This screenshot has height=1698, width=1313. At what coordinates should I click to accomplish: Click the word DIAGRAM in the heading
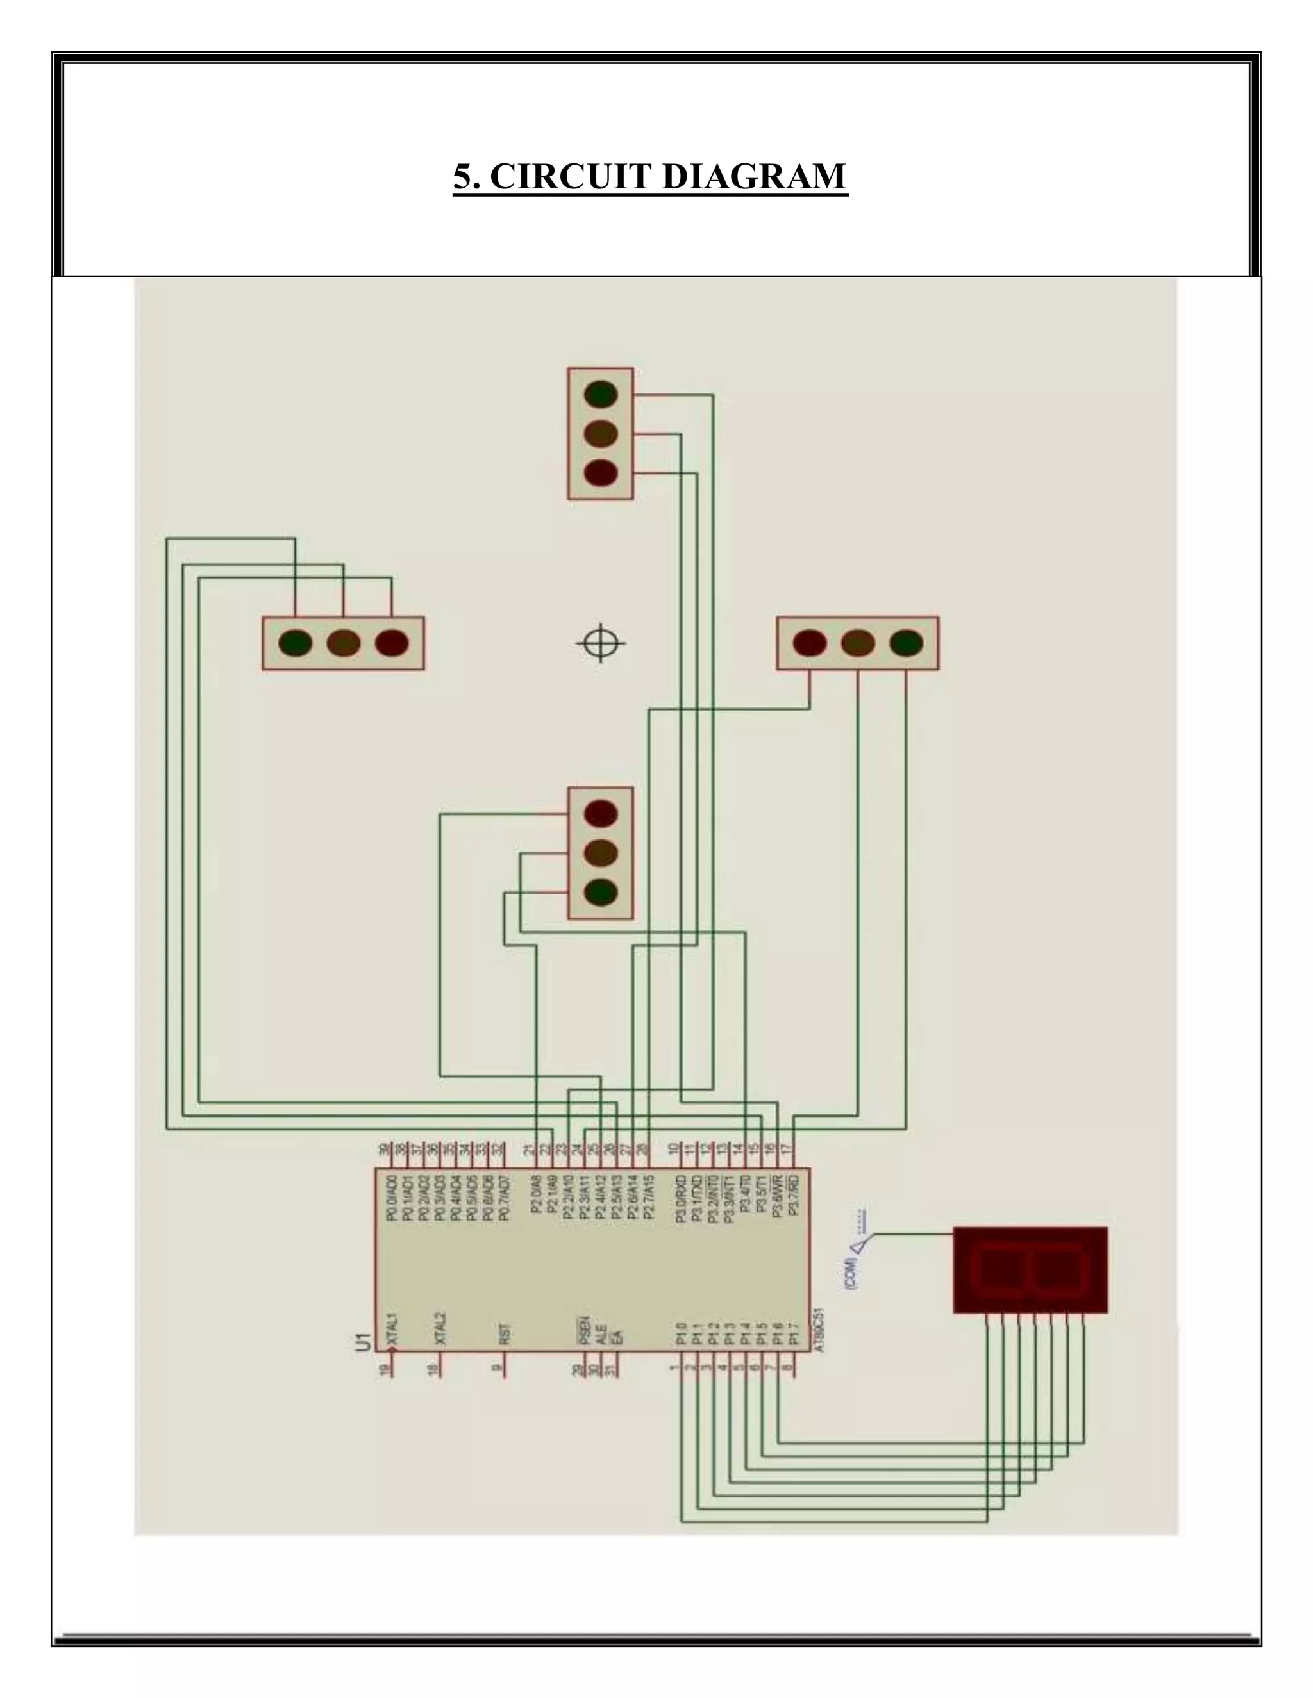(x=754, y=176)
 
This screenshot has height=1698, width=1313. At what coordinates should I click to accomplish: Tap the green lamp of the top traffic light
(x=601, y=394)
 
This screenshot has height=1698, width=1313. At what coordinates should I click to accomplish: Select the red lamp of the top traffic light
(x=601, y=473)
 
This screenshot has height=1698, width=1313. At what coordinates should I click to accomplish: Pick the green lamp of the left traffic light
(x=296, y=643)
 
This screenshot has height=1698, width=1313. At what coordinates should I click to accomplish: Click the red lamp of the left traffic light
(x=391, y=643)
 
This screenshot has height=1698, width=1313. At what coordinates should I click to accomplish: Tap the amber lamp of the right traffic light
(x=857, y=643)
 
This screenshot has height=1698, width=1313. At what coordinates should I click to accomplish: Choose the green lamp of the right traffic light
(x=905, y=643)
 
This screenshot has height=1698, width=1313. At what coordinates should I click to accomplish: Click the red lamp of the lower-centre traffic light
(x=601, y=813)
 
